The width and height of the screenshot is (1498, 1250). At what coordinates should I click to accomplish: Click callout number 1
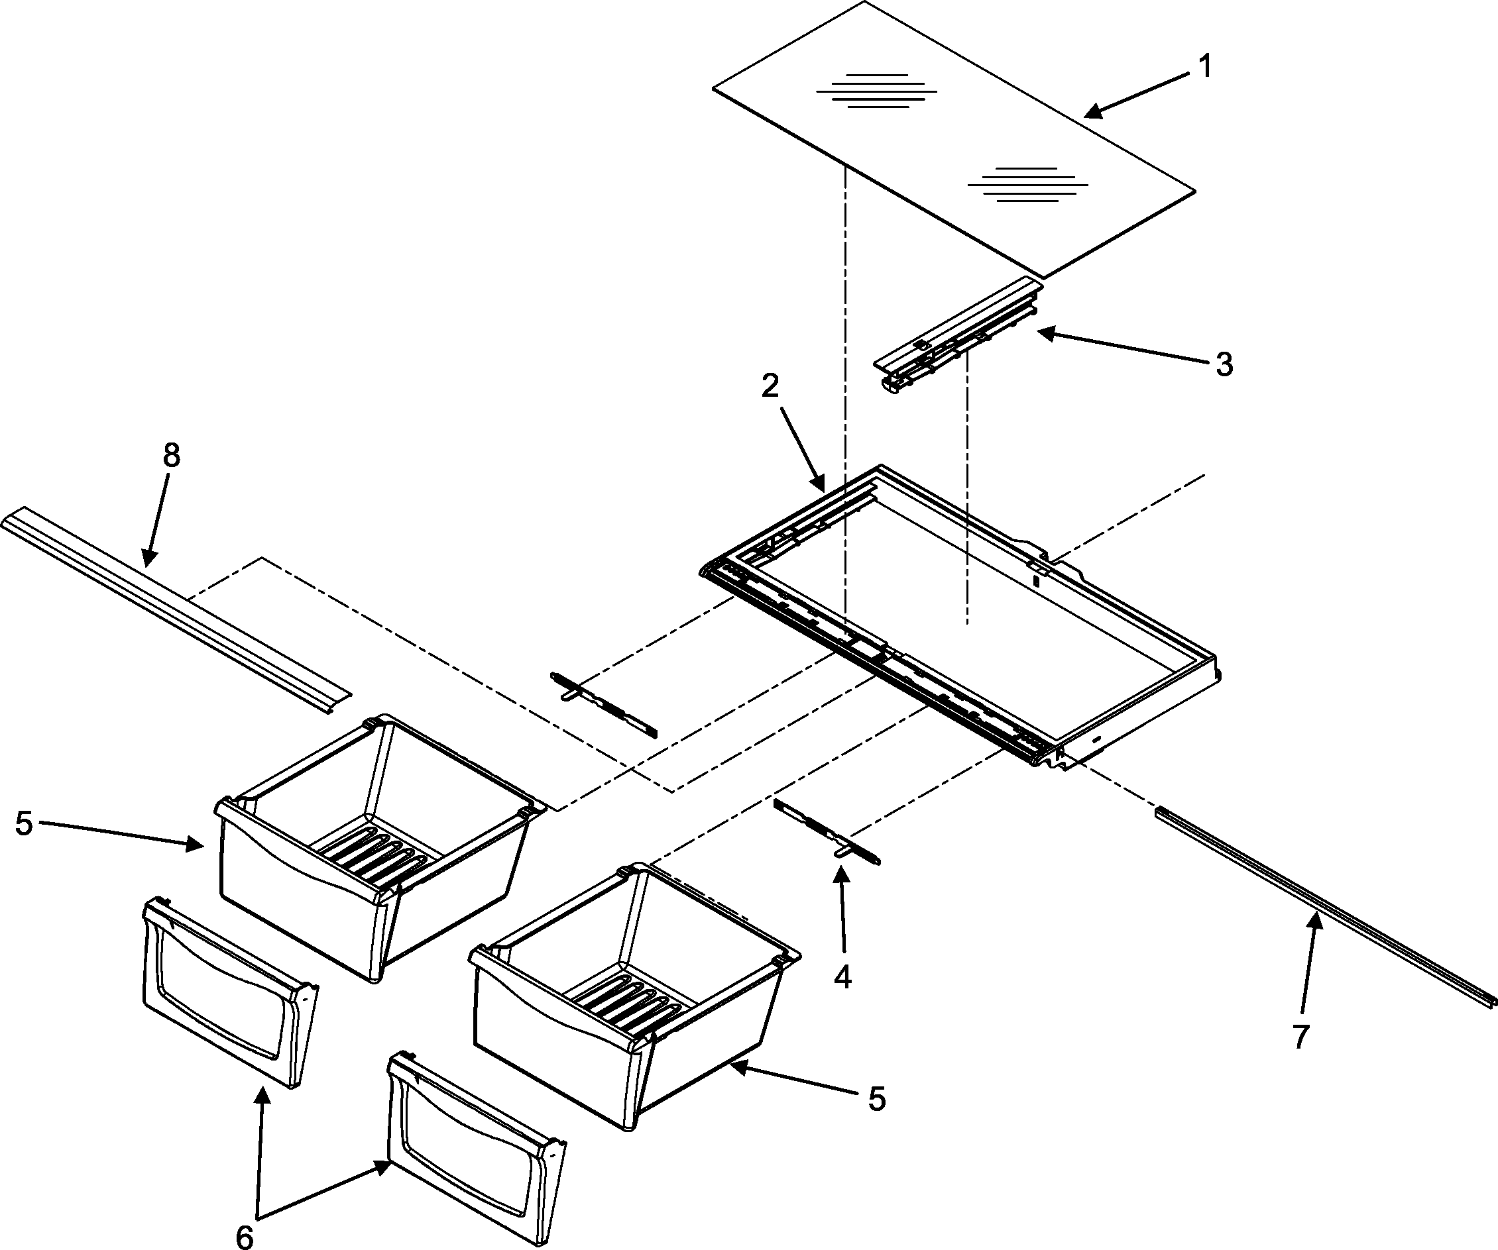click(x=1204, y=67)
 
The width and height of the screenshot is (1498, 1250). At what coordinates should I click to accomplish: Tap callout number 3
click(x=1224, y=365)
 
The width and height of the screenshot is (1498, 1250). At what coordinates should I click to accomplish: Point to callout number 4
click(x=842, y=978)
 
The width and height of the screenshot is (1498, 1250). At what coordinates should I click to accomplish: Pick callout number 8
click(x=171, y=455)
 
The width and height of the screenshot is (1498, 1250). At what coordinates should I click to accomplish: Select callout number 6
click(x=244, y=1238)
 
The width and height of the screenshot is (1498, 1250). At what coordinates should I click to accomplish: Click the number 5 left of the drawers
click(x=25, y=823)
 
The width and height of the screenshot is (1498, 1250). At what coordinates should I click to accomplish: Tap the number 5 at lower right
click(x=877, y=1100)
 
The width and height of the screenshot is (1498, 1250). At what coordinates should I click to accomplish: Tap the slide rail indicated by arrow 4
click(x=827, y=833)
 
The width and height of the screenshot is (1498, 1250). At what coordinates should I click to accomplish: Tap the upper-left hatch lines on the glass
click(x=876, y=91)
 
